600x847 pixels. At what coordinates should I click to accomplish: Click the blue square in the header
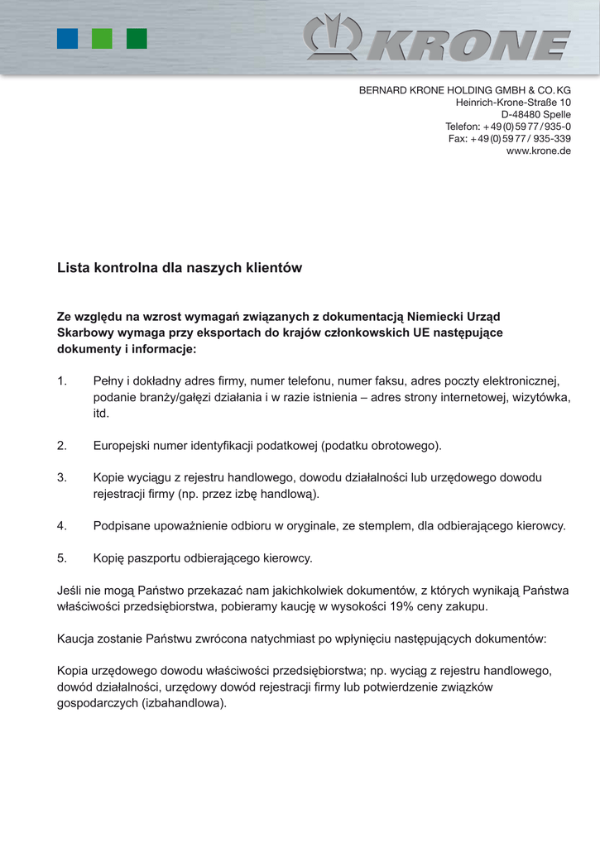pos(67,39)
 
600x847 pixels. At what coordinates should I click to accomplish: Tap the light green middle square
pos(102,39)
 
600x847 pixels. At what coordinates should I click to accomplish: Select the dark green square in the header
pos(137,39)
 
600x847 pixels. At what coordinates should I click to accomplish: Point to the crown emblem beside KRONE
pos(332,37)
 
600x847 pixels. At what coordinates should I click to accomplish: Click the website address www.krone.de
pos(538,151)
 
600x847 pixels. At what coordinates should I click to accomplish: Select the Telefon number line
pos(507,127)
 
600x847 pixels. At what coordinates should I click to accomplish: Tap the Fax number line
pos(509,139)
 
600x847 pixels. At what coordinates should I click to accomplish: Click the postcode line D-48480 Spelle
pos(535,114)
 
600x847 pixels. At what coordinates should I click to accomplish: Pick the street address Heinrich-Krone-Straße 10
pos(513,102)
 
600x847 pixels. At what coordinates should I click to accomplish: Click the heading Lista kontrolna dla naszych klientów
pos(180,268)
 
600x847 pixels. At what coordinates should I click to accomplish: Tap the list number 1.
pos(61,381)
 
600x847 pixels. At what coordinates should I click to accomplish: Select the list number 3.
pos(61,477)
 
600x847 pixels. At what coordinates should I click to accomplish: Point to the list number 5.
pos(61,557)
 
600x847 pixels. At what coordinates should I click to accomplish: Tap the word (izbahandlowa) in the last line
pos(184,703)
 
